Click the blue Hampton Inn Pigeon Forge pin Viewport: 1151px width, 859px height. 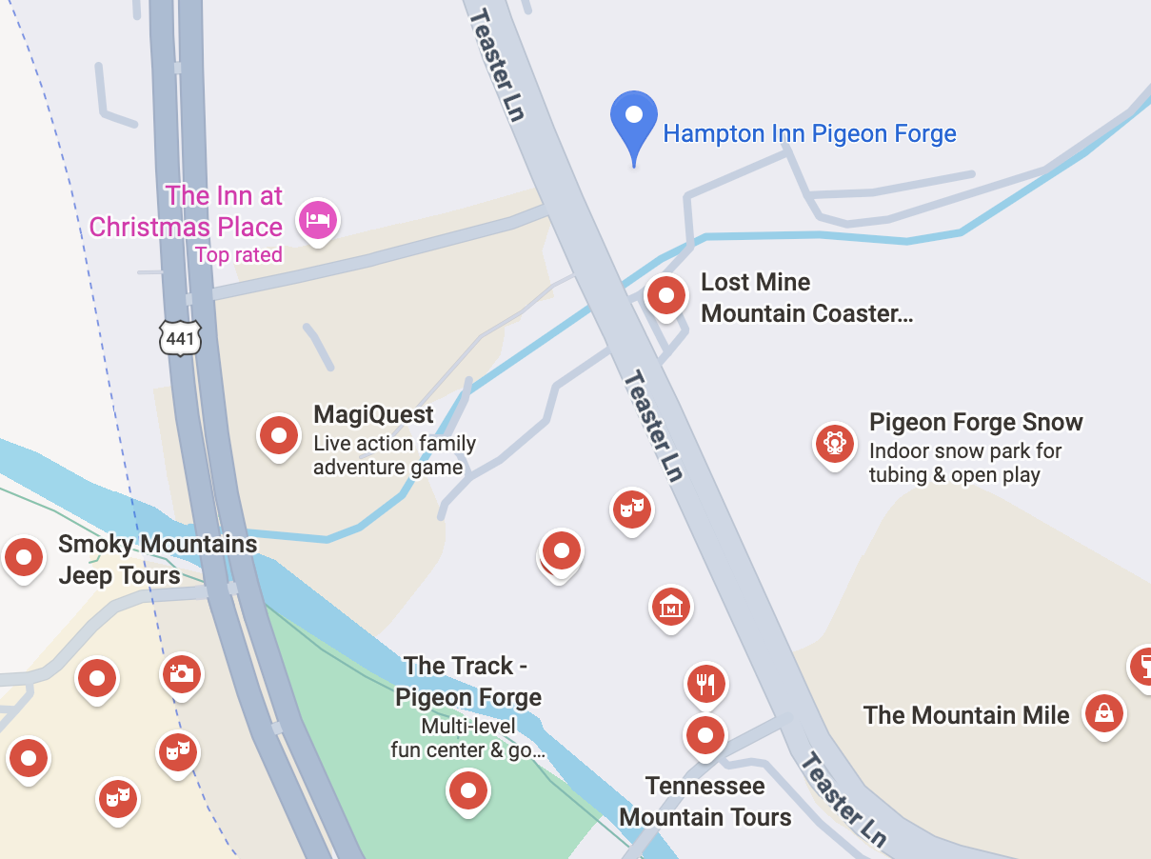coord(633,119)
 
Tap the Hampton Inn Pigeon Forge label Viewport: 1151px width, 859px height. coord(809,133)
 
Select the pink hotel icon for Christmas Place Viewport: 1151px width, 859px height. coord(317,221)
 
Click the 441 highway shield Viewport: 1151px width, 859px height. coord(180,338)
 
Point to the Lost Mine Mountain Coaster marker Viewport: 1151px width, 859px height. coord(666,295)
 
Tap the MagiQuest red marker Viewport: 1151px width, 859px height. coord(279,436)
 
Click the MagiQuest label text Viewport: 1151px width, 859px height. coord(373,415)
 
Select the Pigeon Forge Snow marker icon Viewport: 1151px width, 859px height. coord(835,444)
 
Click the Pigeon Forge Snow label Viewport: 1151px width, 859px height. coord(976,422)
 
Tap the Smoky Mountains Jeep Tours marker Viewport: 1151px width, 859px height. coord(24,557)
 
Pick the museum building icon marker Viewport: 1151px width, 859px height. coord(671,606)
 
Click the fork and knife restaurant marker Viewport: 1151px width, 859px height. coord(705,684)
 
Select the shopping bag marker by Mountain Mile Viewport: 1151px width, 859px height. coord(1104,712)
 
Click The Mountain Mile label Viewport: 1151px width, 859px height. coord(966,715)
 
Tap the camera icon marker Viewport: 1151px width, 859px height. coord(181,674)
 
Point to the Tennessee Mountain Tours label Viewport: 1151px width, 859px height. coord(705,802)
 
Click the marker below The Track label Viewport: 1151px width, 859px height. coord(468,790)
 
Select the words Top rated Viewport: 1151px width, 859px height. coord(238,255)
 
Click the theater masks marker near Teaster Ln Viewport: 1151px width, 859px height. coord(631,509)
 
